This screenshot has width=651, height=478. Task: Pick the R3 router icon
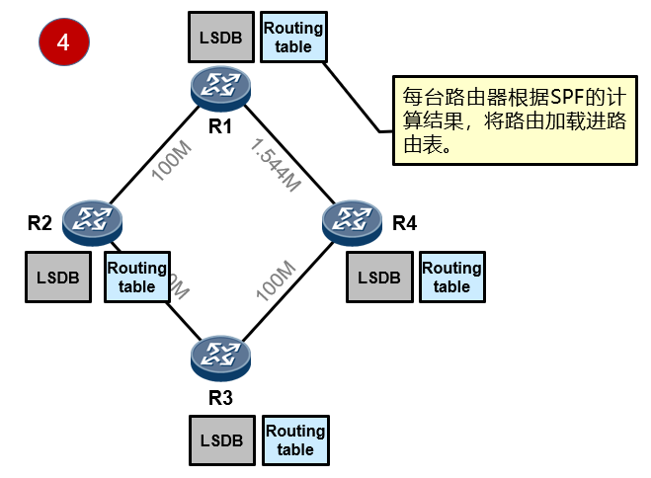point(222,358)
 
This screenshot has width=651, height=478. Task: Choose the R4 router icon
point(354,221)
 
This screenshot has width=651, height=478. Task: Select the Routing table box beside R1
point(294,38)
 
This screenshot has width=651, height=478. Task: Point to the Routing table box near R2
point(136,277)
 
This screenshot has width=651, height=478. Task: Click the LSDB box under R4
point(378,277)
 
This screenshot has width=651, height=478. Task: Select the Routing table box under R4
point(451,277)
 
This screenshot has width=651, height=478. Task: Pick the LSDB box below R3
point(221,440)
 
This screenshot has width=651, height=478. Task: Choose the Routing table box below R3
point(294,440)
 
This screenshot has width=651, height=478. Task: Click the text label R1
point(219,125)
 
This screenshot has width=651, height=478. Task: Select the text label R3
point(220,398)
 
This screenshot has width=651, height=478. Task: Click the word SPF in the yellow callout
point(556,98)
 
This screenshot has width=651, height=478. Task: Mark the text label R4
point(405,223)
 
